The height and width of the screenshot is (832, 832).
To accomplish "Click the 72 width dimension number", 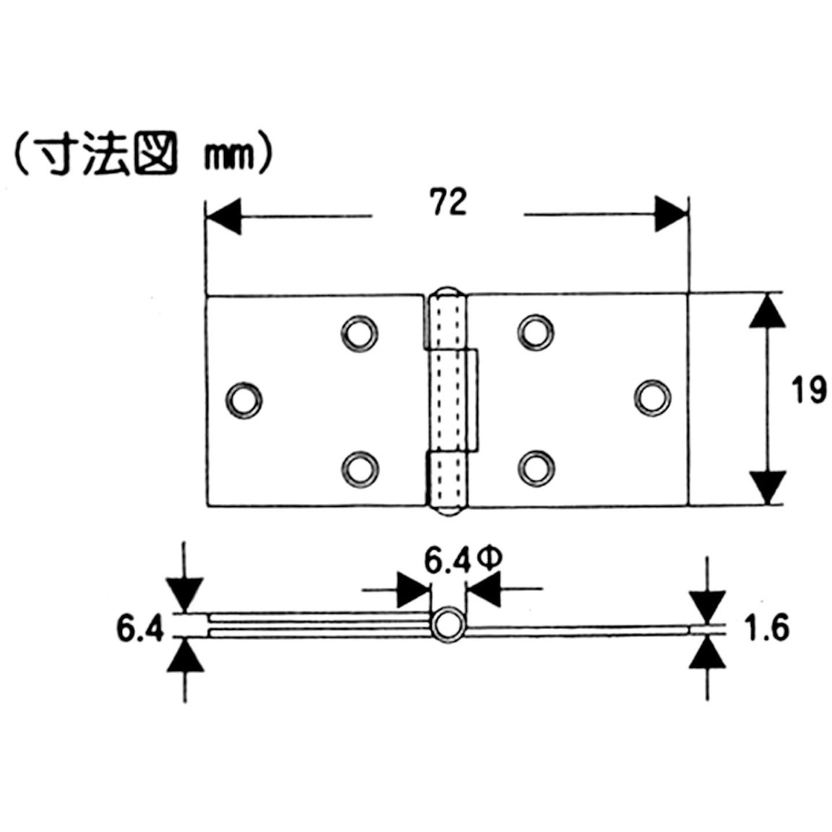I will (x=448, y=203).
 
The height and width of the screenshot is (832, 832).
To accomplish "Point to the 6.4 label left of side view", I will (x=140, y=629).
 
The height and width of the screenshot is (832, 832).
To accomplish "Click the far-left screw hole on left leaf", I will (x=244, y=399).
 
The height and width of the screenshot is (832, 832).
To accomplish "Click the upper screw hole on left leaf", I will (x=359, y=333).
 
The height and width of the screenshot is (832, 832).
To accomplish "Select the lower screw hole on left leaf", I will (x=359, y=467).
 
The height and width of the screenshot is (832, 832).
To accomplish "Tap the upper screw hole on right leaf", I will (x=536, y=332).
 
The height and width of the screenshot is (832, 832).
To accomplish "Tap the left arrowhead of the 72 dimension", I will (x=225, y=216).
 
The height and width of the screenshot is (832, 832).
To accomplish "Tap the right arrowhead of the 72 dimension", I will (x=670, y=214).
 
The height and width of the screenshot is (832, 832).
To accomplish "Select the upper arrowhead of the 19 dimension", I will (x=767, y=311).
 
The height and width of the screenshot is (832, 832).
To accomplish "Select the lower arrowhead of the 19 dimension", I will (x=767, y=486).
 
